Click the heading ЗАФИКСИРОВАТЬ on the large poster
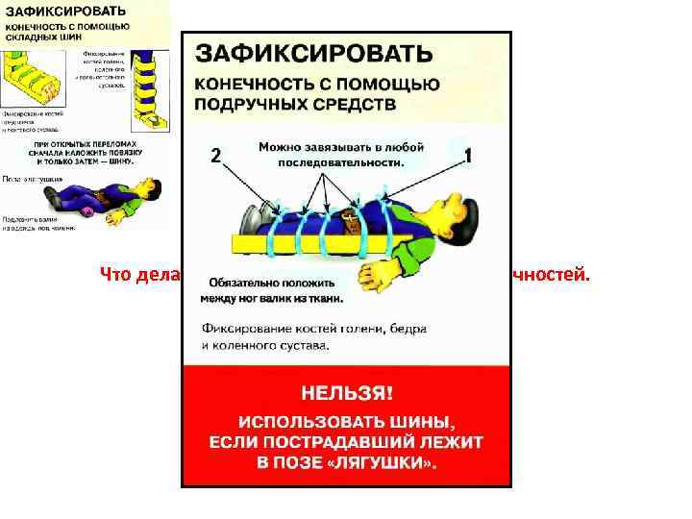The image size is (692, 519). [314, 52]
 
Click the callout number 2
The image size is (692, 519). [215, 155]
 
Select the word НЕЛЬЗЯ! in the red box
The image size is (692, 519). [347, 394]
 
